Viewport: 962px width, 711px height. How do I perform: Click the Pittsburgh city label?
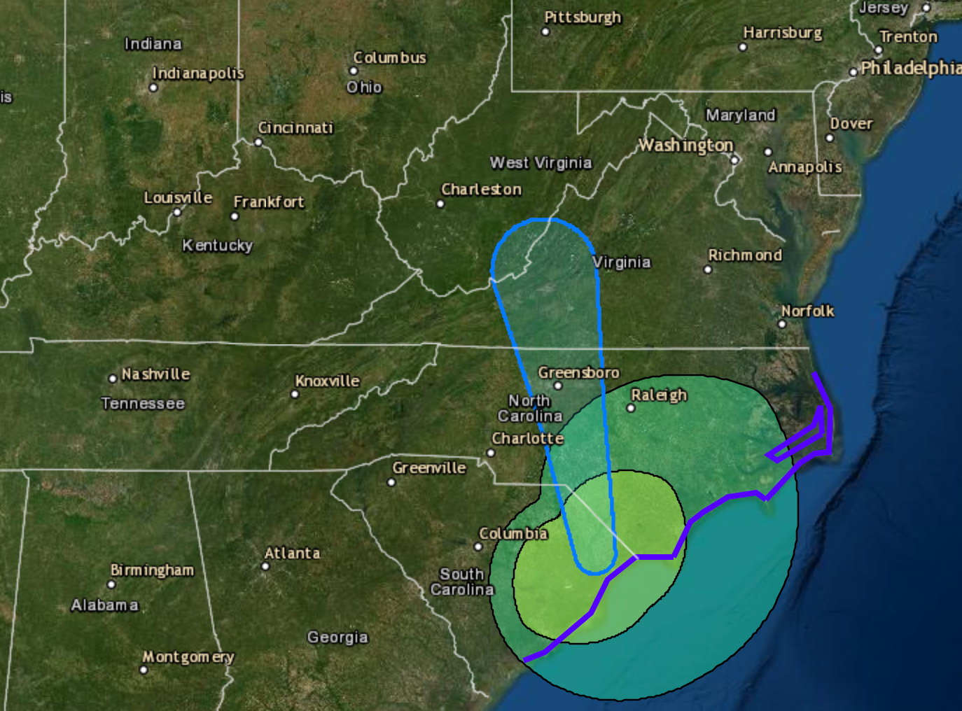point(583,17)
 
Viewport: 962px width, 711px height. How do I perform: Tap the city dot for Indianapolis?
point(153,87)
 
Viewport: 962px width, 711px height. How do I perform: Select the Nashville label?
point(155,374)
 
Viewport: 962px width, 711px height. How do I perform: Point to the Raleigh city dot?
point(631,408)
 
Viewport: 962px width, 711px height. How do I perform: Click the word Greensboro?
point(578,372)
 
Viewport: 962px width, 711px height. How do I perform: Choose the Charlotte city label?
point(527,439)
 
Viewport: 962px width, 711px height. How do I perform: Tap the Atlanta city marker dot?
point(265,566)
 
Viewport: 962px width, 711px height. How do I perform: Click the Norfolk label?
point(807,311)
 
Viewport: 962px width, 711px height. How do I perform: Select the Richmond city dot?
point(708,269)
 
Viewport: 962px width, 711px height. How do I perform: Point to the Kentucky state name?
point(217,246)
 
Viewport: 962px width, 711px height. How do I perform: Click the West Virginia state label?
point(541,163)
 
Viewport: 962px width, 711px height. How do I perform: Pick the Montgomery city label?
point(188,657)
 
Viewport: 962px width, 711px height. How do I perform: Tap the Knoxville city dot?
point(295,394)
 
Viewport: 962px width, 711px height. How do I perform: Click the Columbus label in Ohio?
point(389,58)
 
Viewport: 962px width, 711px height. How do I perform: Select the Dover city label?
point(851,124)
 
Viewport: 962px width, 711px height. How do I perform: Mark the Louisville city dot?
point(177,212)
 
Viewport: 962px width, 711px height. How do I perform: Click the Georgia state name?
point(337,638)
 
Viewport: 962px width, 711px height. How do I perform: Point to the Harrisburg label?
point(783,33)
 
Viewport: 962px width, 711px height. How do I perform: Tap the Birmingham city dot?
point(111,584)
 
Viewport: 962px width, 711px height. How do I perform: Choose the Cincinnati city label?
point(295,128)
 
